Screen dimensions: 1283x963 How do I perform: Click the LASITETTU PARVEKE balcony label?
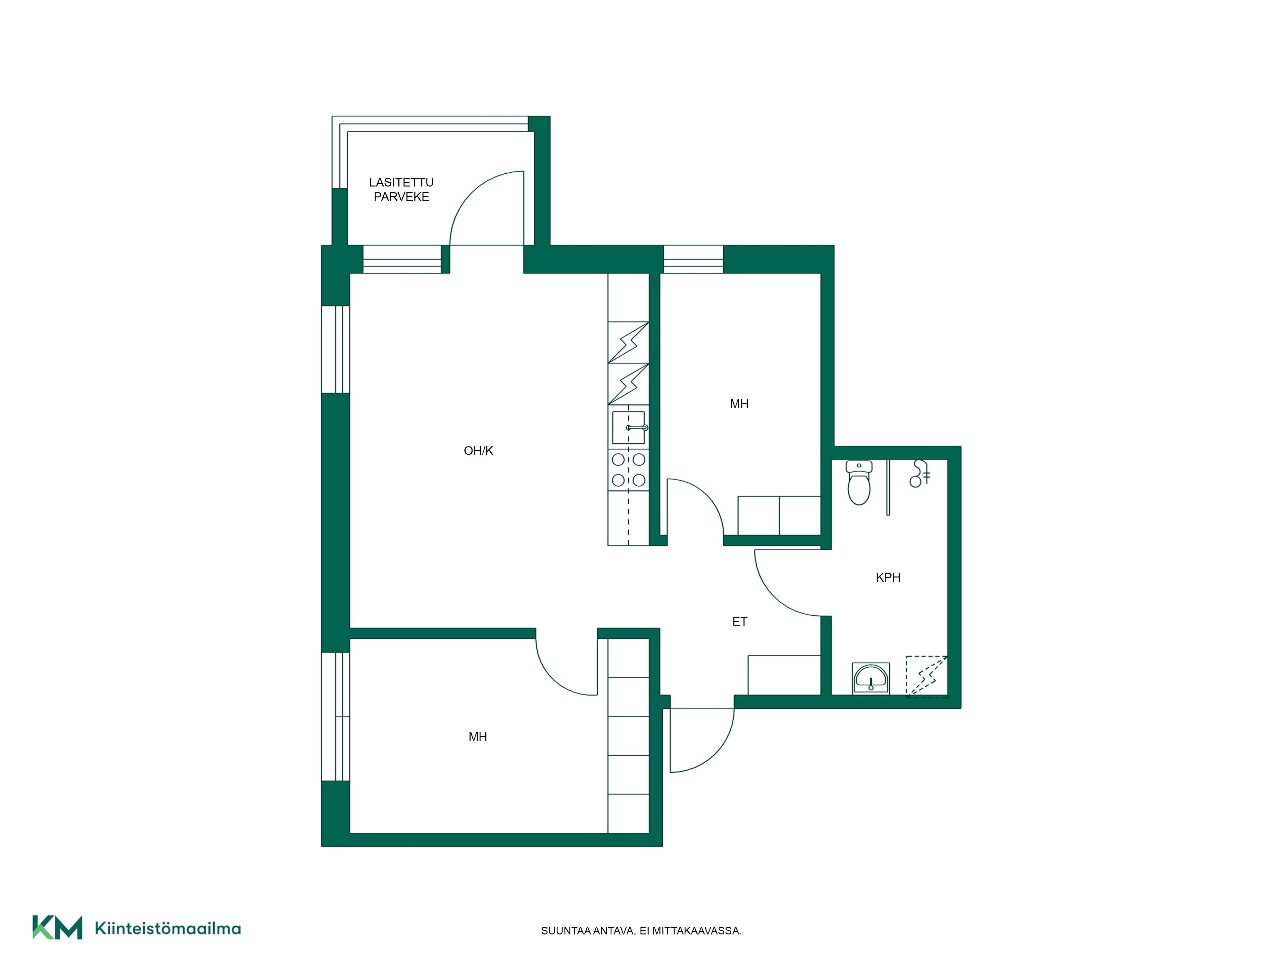[401, 189]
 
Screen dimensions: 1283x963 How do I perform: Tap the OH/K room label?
[479, 450]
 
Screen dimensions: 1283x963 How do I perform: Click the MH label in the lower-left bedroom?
[477, 737]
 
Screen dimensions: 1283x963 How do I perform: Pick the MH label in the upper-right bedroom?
[739, 404]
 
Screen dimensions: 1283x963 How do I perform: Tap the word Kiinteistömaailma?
[168, 928]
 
